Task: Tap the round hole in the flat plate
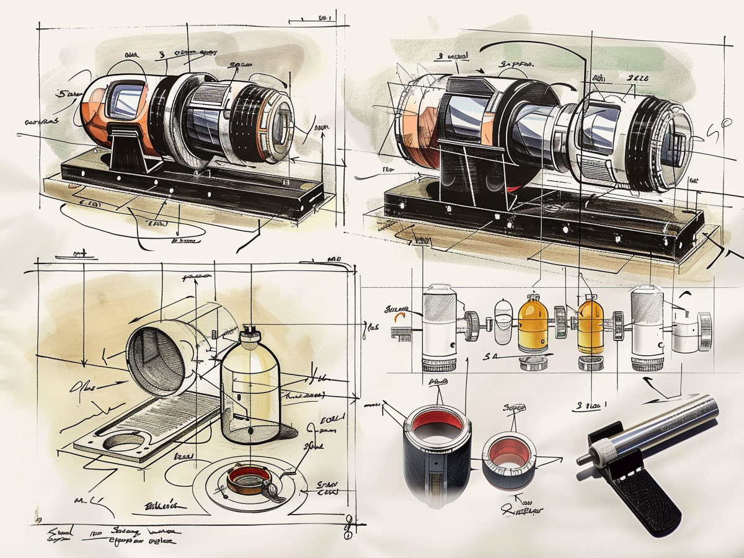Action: pos(126,441)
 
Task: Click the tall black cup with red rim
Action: pos(436,456)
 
